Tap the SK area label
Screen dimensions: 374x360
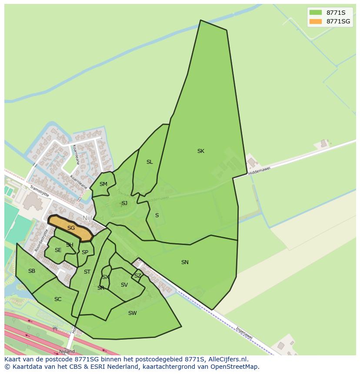[200, 151]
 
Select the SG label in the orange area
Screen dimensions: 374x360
[71, 228]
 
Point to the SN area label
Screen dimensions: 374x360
[185, 262]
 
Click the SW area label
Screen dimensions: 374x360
[133, 313]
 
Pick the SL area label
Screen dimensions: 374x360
[150, 162]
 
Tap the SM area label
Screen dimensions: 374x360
[103, 184]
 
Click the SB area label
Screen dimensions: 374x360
[32, 271]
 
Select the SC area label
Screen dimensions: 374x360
[58, 299]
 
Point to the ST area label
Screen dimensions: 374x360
[87, 272]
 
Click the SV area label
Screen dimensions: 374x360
[124, 285]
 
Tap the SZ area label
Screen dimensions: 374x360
[137, 276]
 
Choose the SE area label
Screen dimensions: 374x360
[58, 250]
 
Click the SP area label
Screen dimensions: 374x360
[85, 252]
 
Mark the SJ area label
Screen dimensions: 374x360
[124, 203]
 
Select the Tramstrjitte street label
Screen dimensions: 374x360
[40, 192]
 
